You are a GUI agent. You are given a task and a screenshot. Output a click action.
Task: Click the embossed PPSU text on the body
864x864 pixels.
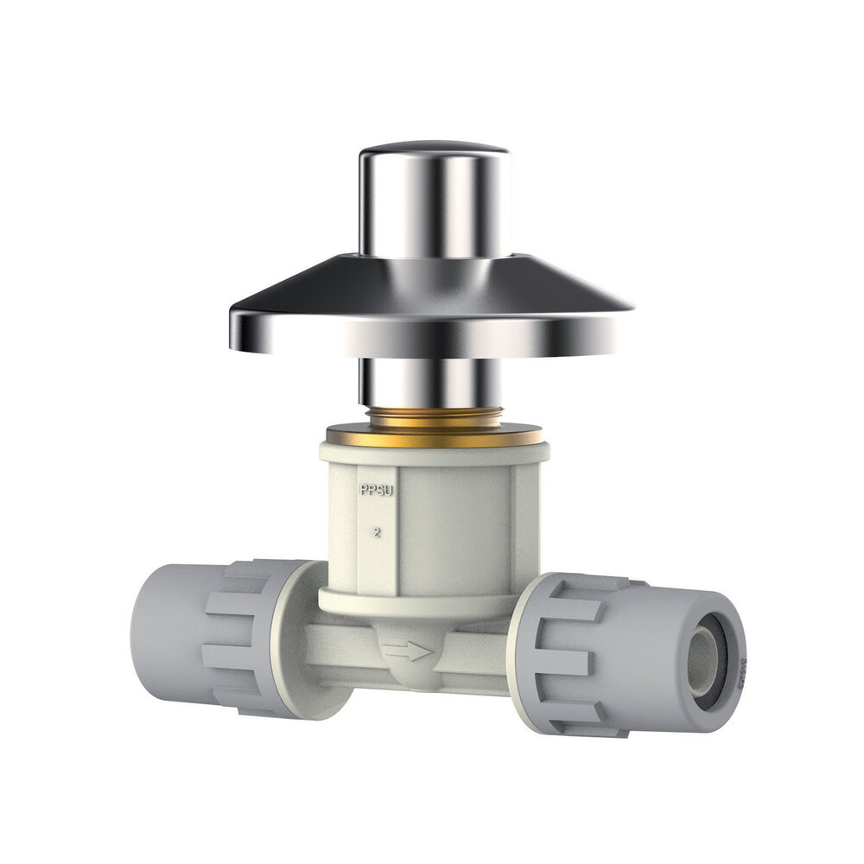[377, 491]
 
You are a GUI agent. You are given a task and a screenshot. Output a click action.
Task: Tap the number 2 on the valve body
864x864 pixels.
[377, 532]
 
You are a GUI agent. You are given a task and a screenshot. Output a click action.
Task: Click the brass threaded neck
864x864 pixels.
[434, 417]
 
